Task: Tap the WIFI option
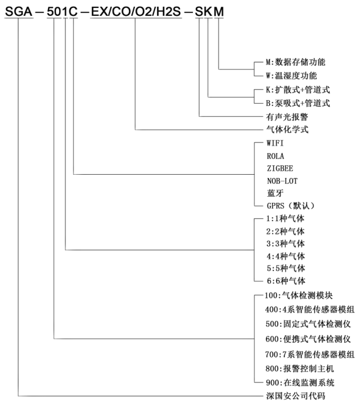(276, 143)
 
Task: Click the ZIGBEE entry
(280, 168)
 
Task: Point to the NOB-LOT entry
(282, 180)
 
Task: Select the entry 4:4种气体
(285, 256)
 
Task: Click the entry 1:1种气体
(285, 219)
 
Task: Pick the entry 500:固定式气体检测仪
(308, 324)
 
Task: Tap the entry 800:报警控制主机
(300, 369)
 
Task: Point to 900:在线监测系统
(300, 383)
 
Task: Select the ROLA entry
(276, 156)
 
